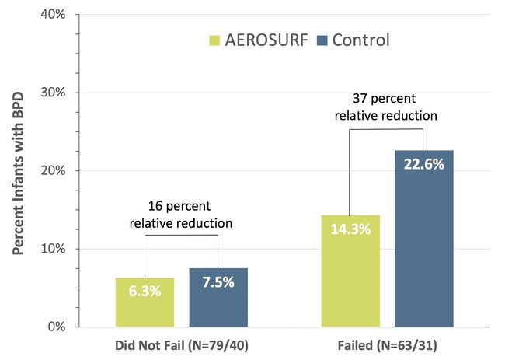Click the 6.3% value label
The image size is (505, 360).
pyautogui.click(x=145, y=293)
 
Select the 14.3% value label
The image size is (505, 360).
pyautogui.click(x=350, y=230)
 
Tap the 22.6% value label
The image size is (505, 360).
pyautogui.click(x=424, y=165)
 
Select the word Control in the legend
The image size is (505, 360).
pyautogui.click(x=361, y=39)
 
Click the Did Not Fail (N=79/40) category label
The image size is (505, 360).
pyautogui.click(x=181, y=344)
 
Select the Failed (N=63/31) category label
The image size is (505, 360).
pyautogui.click(x=387, y=344)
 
